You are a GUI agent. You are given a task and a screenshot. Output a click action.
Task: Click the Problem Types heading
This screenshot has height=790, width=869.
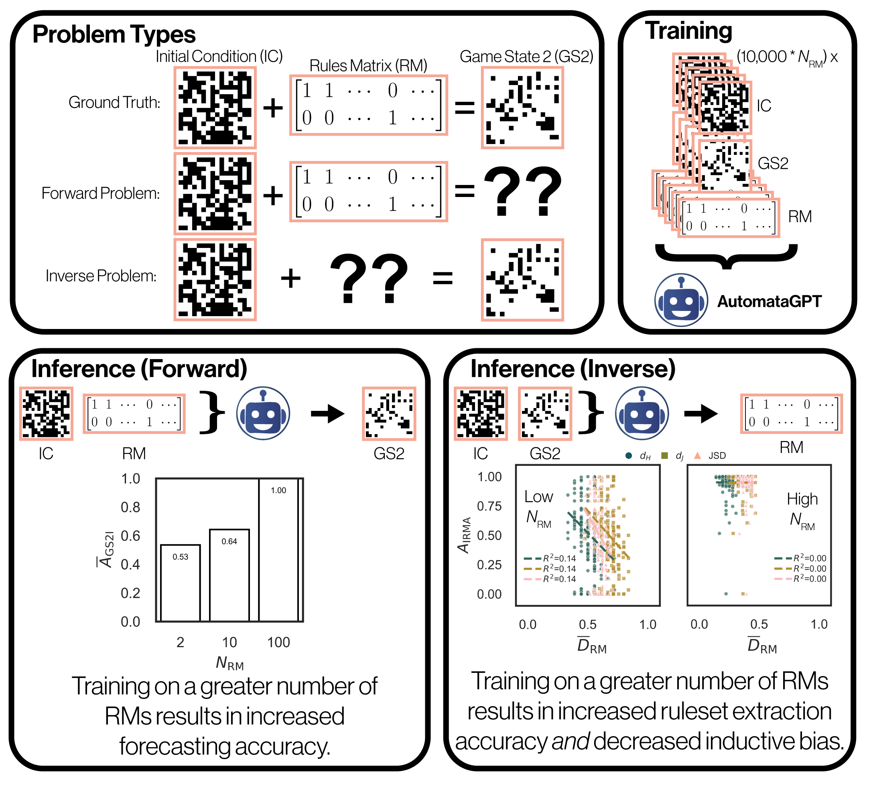pos(114,35)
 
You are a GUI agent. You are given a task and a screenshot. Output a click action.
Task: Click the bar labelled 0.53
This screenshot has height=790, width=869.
pos(180,586)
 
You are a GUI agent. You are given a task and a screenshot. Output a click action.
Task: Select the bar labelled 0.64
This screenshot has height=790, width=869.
pos(229,577)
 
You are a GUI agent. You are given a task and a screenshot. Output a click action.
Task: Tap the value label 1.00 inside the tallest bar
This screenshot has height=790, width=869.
pos(278,490)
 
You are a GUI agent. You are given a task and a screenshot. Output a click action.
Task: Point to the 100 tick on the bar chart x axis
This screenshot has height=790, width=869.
pos(278,642)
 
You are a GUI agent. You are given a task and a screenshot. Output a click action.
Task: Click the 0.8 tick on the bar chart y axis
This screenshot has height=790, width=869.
pos(130,507)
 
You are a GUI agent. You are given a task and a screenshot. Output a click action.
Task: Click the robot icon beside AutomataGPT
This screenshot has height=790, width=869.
pos(681,300)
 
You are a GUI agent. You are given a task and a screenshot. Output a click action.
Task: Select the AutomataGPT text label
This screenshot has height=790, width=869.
pos(770,301)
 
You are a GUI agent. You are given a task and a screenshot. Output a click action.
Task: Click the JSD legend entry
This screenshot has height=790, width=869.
pos(711,455)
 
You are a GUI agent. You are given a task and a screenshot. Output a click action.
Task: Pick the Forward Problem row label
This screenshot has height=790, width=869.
pos(100,193)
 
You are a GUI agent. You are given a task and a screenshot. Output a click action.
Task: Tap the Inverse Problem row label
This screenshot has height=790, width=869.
pos(101,276)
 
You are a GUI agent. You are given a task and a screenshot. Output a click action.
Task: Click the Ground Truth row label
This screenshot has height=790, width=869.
pos(114,103)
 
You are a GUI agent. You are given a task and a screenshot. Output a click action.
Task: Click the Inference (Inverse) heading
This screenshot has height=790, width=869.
pos(573,369)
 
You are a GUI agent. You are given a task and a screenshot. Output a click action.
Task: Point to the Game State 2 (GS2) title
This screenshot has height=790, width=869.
pos(526,57)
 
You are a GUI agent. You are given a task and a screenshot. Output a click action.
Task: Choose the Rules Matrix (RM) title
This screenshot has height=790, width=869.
pos(368,65)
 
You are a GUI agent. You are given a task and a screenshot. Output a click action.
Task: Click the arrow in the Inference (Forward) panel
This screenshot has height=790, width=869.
pos(328,414)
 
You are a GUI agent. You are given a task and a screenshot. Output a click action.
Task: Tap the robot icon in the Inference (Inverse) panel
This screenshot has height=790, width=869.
pos(642,414)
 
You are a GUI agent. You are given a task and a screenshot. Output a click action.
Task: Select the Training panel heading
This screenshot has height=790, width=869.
pos(688,31)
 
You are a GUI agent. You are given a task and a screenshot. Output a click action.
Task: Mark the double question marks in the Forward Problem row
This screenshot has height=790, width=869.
pos(522,191)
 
